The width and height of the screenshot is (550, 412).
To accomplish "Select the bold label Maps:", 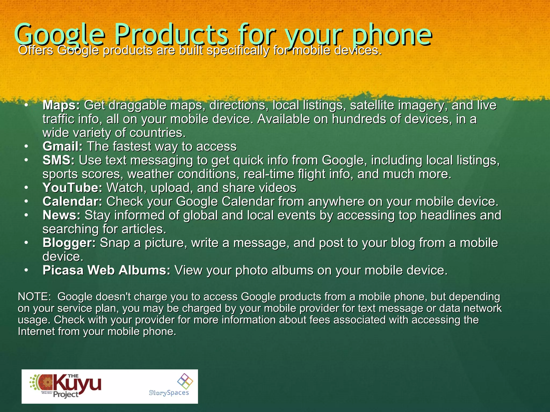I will tap(61, 105).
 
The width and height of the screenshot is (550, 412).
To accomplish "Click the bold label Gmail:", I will tap(63, 146).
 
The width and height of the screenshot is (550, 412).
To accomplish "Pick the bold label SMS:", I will tap(59, 160).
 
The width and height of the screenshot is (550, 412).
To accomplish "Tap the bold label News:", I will tap(61, 215).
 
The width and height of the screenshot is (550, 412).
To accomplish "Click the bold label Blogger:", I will tap(69, 243).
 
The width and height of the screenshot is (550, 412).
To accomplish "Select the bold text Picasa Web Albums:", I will tap(106, 270).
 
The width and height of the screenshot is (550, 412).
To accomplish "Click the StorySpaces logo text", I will tap(169, 393).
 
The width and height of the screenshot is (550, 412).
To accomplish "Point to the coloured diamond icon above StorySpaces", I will tap(185, 381).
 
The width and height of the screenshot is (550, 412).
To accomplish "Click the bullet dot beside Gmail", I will tap(26, 146).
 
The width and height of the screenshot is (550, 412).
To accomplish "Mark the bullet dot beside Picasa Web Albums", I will tap(26, 270).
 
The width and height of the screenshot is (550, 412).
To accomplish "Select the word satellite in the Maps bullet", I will tap(372, 105).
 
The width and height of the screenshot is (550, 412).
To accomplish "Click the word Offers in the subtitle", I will tap(35, 50).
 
